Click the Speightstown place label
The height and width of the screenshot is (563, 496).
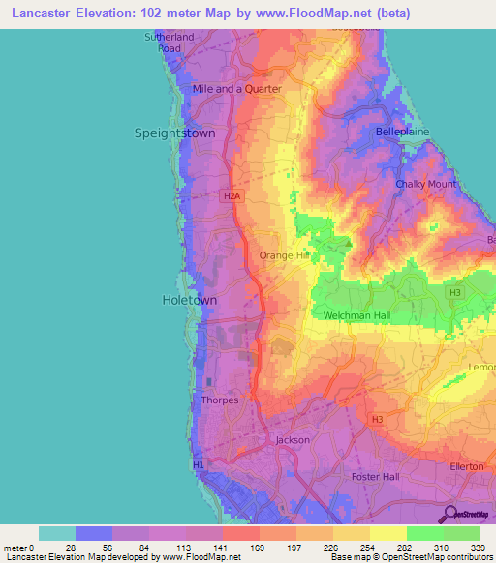click(174, 133)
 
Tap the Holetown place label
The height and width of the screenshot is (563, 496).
click(189, 301)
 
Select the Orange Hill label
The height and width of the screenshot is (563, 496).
click(283, 255)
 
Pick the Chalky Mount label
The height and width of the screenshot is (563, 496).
click(424, 184)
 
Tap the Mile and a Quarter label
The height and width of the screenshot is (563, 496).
click(237, 89)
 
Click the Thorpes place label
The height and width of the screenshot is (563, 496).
click(218, 400)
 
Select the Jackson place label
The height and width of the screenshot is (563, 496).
click(293, 439)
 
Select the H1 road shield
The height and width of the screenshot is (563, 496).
click(199, 465)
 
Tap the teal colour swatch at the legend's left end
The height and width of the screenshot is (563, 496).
click(56, 533)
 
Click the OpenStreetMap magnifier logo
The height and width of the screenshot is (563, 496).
click(449, 514)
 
